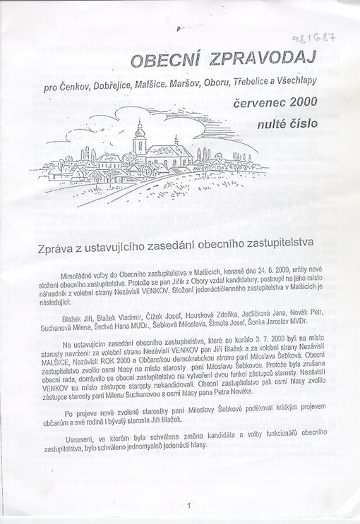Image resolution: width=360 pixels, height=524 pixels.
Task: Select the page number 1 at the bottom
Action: pos(189,505)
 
